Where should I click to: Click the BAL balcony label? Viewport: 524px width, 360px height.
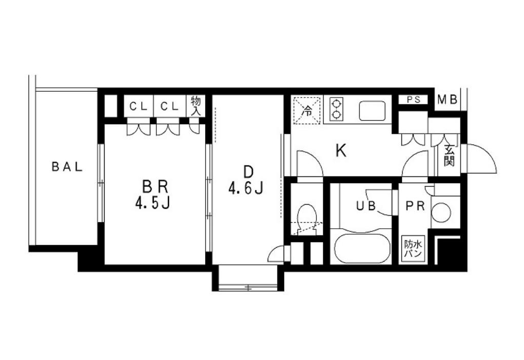(x=67, y=167)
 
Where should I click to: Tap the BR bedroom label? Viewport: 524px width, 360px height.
(x=155, y=187)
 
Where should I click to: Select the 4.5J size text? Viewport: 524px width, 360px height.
(x=153, y=203)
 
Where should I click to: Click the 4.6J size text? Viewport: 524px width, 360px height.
(x=246, y=189)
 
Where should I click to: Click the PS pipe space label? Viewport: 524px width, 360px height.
(x=413, y=99)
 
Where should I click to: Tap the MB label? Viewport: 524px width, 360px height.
(x=448, y=99)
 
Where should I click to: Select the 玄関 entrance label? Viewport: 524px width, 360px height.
(x=450, y=155)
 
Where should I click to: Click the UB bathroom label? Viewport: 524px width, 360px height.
(x=366, y=206)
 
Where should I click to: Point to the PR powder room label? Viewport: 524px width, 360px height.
(x=415, y=206)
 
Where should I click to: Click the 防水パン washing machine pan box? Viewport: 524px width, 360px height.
(x=413, y=248)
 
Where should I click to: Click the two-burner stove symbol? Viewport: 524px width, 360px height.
(x=336, y=109)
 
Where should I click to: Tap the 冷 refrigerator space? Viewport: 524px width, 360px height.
(x=307, y=110)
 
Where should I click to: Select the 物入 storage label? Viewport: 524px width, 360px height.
(x=195, y=106)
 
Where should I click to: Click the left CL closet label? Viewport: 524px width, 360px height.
(x=138, y=107)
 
